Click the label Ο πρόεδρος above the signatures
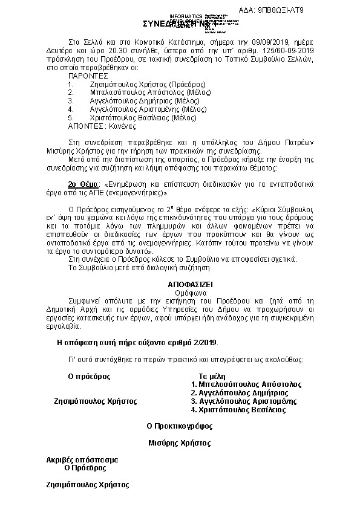click(x=89, y=376)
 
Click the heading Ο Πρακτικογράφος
click(x=180, y=426)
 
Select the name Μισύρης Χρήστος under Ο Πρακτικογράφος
click(x=178, y=443)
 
